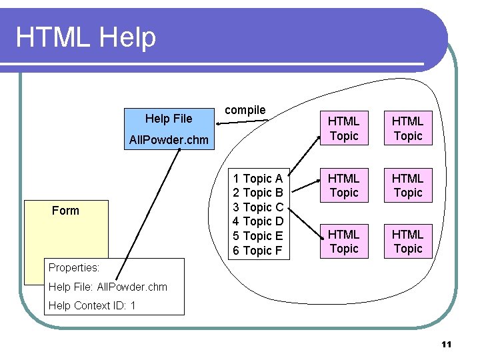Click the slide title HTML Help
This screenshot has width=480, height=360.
point(86,37)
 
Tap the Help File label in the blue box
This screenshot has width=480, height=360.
point(169,119)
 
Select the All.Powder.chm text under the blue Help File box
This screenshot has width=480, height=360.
point(169,140)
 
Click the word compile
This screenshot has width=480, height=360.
point(245,110)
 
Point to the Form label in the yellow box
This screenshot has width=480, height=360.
point(65,211)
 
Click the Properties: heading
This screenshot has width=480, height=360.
point(74,267)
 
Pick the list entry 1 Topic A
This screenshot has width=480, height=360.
point(257,179)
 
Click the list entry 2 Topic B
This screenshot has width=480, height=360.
point(257,193)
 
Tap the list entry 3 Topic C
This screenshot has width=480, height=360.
point(257,207)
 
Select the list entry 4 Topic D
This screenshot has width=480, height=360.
point(257,221)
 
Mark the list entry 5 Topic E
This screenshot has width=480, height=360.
point(257,236)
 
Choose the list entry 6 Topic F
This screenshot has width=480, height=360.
point(257,251)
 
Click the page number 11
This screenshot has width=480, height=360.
point(447,345)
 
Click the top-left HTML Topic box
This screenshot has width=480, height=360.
point(344,129)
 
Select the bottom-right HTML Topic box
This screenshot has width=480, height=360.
point(407,241)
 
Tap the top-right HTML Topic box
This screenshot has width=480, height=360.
point(407,129)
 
